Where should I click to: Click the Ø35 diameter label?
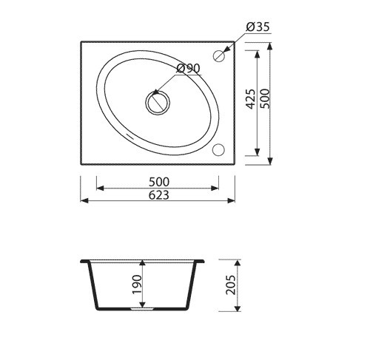click(x=256, y=28)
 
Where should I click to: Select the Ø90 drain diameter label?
click(x=189, y=69)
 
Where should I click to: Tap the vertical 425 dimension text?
click(x=250, y=98)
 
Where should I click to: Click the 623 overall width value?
click(x=159, y=195)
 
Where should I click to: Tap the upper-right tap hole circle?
click(x=219, y=55)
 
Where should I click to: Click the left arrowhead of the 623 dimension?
click(x=84, y=200)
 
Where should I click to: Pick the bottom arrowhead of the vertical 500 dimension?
click(x=271, y=160)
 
